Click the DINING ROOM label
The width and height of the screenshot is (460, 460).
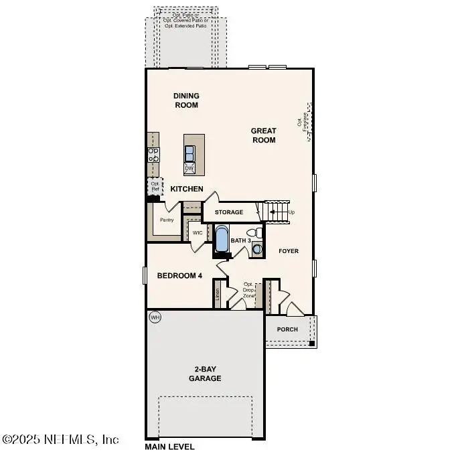tap(186, 100)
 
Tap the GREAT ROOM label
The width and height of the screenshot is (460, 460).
tap(263, 135)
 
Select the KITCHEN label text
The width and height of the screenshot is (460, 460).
tap(186, 189)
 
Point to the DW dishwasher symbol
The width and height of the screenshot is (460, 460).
tap(189, 168)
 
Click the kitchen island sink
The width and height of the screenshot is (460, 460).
tap(190, 151)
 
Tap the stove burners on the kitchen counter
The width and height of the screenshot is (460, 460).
tap(153, 155)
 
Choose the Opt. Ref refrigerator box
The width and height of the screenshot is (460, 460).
tap(155, 186)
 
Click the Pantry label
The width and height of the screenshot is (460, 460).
tap(167, 220)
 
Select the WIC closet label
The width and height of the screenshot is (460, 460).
tap(198, 233)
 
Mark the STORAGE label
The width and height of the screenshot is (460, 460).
tap(229, 212)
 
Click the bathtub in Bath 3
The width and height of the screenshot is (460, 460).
tap(222, 238)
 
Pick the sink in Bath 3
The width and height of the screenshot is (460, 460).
tap(258, 248)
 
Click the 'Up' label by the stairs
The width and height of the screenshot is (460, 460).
tap(291, 212)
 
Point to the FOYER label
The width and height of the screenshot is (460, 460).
tap(289, 251)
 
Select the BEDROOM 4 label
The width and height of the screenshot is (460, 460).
tap(179, 276)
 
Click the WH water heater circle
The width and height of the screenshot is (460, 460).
tap(155, 317)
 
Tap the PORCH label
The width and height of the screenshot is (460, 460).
tap(288, 329)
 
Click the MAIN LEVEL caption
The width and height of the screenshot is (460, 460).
tap(169, 447)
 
